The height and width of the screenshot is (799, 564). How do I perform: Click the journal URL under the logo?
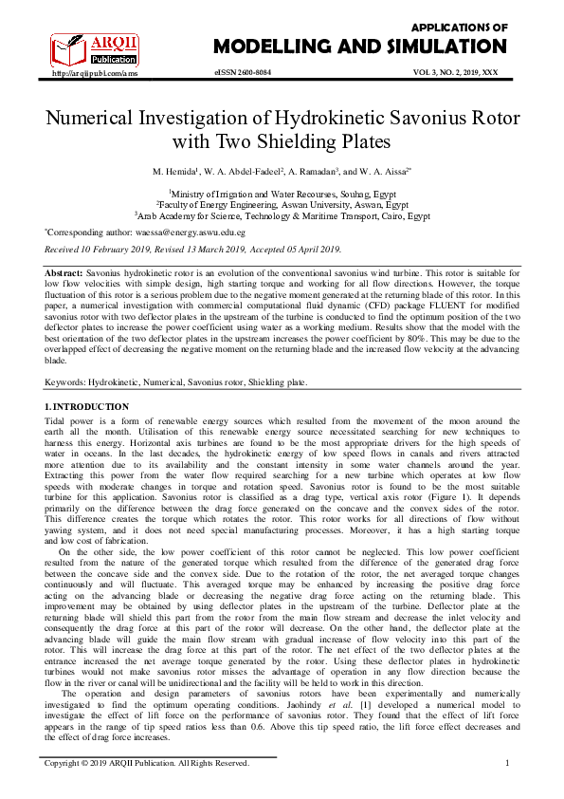coord(88,73)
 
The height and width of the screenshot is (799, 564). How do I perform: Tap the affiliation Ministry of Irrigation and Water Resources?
coord(282,191)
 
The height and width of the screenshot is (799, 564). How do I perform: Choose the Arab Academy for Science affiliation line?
coord(282,215)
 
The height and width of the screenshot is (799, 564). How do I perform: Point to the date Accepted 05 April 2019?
coord(292,250)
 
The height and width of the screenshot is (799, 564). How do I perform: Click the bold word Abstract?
coord(64,272)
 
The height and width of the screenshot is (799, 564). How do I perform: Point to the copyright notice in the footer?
coord(148,763)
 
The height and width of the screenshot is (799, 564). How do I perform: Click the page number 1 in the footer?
coord(507,763)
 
